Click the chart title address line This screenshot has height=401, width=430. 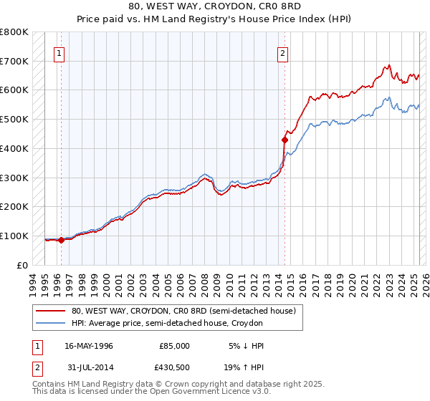point(215,6)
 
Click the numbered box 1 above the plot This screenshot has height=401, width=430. point(59,52)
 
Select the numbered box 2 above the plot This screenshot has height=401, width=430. point(283,52)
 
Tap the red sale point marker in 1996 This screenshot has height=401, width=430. point(62,240)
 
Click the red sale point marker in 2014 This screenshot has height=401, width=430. point(285,140)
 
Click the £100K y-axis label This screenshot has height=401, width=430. point(14,236)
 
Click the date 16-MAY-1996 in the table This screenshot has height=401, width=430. point(89,346)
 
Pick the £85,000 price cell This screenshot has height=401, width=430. point(174,346)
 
